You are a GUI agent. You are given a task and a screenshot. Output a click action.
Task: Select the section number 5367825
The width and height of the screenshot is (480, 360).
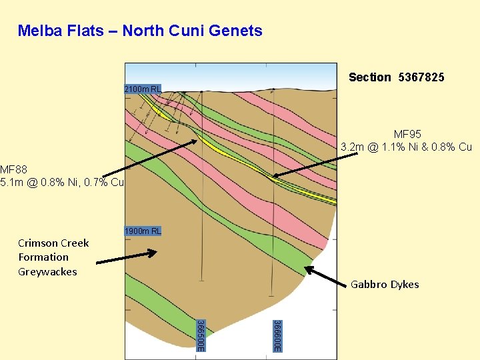421,77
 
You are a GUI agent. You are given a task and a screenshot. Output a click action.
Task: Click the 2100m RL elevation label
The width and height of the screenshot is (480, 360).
142,89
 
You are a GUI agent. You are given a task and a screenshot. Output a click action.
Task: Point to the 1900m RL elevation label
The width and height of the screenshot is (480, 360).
142,231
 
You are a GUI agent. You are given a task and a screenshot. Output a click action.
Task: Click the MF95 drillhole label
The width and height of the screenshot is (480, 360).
407,135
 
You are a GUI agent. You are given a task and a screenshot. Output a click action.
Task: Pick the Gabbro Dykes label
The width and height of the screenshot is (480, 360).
385,285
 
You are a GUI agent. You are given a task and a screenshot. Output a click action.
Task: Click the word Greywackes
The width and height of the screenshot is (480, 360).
47,271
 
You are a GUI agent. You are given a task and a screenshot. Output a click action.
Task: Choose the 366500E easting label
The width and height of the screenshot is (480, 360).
200,335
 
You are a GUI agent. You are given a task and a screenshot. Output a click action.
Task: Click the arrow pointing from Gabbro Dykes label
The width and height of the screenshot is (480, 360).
326,277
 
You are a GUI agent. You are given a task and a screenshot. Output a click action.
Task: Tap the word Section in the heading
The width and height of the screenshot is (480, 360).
370,77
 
